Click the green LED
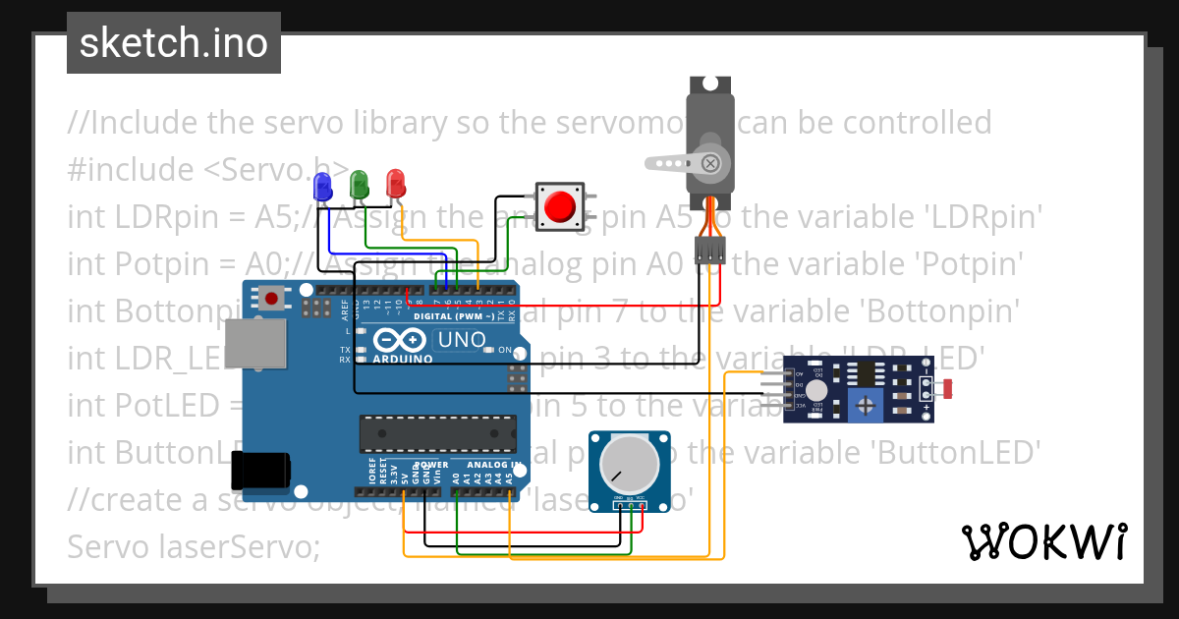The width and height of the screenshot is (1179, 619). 360,183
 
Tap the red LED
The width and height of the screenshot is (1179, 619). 396,182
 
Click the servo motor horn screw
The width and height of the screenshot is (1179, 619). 710,162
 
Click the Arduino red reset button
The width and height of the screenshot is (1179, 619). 271,297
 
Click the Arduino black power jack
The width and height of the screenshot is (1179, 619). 260,470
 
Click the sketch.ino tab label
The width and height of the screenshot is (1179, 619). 174,43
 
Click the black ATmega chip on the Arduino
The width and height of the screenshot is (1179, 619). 437,432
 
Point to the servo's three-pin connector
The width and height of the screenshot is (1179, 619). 708,251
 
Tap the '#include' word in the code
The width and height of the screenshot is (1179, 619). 131,169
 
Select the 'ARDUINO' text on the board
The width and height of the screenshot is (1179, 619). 403,360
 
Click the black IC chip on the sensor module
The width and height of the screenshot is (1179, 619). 866,372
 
